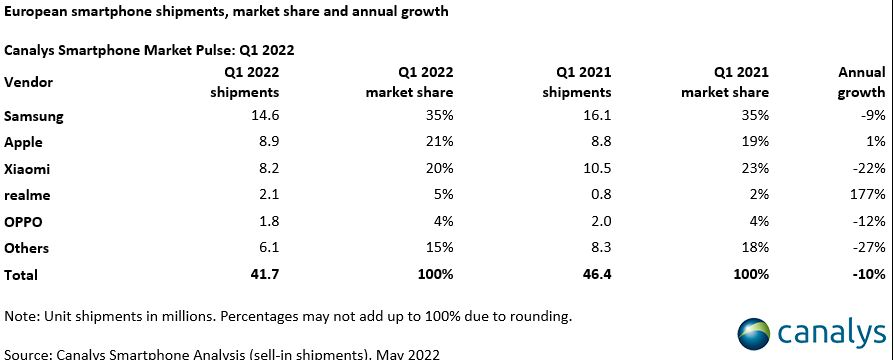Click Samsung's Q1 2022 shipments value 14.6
[x=264, y=116]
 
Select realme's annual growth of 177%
[x=868, y=195]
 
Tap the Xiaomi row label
[x=27, y=169]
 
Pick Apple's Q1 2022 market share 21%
[x=441, y=142]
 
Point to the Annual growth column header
[x=862, y=82]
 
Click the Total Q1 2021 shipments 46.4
[x=596, y=274]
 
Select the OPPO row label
[x=23, y=222]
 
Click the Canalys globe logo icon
[x=754, y=334]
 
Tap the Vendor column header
[x=29, y=82]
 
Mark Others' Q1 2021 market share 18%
[x=757, y=248]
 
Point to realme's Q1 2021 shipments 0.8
[x=602, y=195]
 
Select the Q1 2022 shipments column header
[x=245, y=82]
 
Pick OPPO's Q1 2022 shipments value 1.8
[x=270, y=222]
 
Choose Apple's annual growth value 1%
[x=876, y=142]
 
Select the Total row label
[x=21, y=274]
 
